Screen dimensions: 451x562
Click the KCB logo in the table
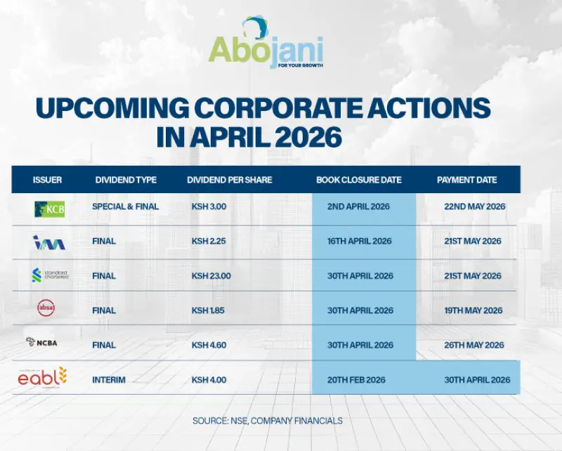49,209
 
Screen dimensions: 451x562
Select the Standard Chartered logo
50,275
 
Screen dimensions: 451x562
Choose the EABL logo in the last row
42,378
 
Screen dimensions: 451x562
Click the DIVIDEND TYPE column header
126,180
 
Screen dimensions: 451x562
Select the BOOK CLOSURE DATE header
359,180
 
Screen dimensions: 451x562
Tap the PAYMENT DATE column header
466,180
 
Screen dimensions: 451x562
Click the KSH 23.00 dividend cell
211,276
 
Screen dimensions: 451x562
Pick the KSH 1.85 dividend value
208,311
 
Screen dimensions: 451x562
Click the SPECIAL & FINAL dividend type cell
126,207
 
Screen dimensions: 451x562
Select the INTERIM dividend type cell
109,380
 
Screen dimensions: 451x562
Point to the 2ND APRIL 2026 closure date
358,207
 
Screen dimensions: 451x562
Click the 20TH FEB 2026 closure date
357,380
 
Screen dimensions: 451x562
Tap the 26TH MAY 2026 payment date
474,345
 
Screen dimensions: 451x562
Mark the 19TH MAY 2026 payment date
473,311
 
